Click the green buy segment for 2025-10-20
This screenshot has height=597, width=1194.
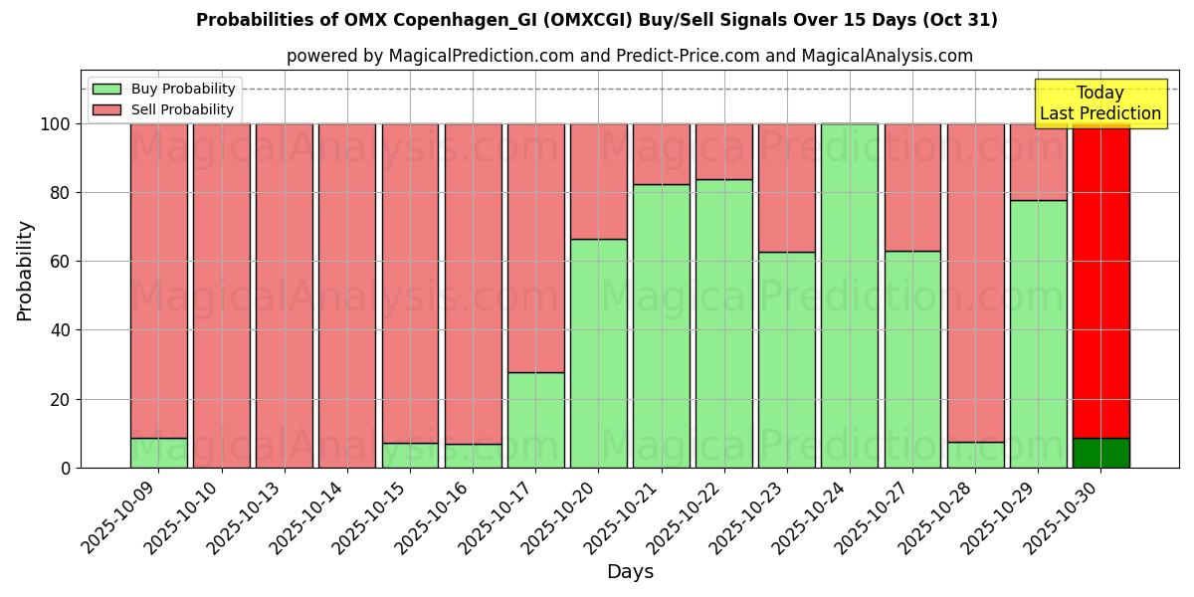[x=599, y=353]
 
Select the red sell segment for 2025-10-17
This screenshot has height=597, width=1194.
[x=536, y=248]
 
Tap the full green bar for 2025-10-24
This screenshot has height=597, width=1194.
[x=850, y=296]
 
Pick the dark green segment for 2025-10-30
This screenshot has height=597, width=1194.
[x=1100, y=453]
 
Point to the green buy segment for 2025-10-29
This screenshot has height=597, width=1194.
[x=1038, y=333]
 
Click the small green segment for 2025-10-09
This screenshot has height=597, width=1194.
[x=159, y=453]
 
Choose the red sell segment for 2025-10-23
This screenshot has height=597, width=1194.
[x=787, y=188]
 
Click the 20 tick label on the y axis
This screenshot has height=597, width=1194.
[x=60, y=399]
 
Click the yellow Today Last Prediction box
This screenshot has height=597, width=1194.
[x=1100, y=103]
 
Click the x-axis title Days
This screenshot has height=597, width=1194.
[x=630, y=572]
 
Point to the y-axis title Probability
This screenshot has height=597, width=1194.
[x=25, y=270]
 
